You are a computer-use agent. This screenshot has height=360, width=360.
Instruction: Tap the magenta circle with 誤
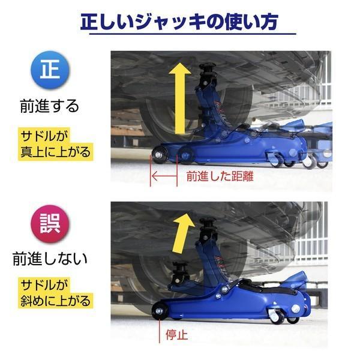[50, 222]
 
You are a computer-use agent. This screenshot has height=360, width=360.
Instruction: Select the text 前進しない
[50, 259]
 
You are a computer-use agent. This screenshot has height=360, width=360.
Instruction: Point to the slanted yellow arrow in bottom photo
[182, 231]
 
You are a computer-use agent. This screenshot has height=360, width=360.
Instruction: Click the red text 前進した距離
[215, 177]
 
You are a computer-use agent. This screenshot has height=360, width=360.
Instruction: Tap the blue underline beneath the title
[193, 34]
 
